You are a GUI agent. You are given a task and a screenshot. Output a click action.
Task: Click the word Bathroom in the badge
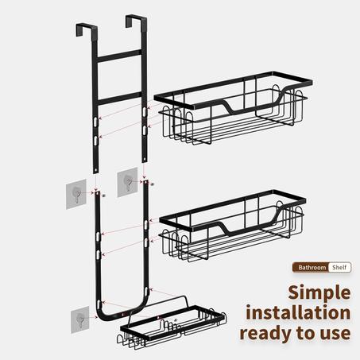pyautogui.click(x=312, y=268)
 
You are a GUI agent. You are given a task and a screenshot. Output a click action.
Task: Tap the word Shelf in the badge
pyautogui.click(x=339, y=267)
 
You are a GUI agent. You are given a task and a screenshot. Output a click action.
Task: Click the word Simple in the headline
pyautogui.click(x=319, y=293)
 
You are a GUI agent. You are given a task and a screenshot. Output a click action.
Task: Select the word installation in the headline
pyautogui.click(x=298, y=312)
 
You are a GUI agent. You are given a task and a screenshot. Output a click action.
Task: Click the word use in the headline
pyautogui.click(x=335, y=334)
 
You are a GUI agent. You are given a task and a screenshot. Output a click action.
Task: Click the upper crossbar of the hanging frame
pyautogui.click(x=119, y=56)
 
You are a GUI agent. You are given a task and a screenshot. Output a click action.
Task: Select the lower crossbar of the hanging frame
pyautogui.click(x=119, y=99)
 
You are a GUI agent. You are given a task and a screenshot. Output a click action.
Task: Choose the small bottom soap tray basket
pyautogui.click(x=172, y=325)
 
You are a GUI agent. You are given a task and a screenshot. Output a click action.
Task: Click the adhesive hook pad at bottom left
pyautogui.click(x=80, y=319)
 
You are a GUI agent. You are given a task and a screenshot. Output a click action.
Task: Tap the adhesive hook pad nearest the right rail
pyautogui.click(x=127, y=182)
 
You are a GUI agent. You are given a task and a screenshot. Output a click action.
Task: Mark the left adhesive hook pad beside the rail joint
pyautogui.click(x=76, y=194)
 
